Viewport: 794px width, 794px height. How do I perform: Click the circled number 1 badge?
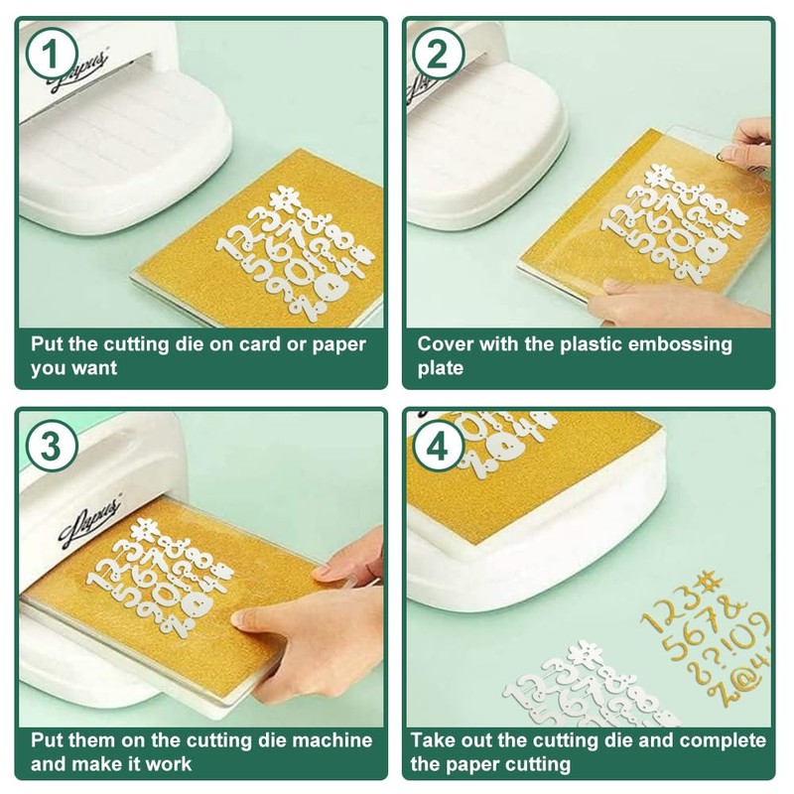[52, 55]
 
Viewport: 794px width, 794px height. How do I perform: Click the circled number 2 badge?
[439, 55]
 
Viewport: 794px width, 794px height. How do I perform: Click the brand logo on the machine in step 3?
[91, 525]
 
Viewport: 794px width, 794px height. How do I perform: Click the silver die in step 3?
[160, 578]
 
